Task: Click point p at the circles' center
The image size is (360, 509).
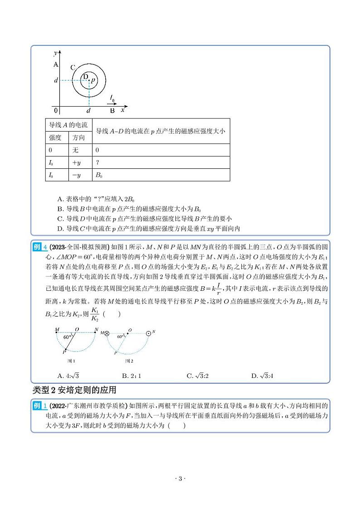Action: pos(89,80)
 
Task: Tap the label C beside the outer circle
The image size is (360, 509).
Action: pos(73,67)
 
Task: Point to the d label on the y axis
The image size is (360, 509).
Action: pos(55,80)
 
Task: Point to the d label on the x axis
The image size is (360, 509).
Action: pos(88,110)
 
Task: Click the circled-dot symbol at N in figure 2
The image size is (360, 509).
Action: pos(148,333)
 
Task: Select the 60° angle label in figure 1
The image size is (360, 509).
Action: pos(67,338)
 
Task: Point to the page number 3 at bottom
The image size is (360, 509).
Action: pos(180,479)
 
